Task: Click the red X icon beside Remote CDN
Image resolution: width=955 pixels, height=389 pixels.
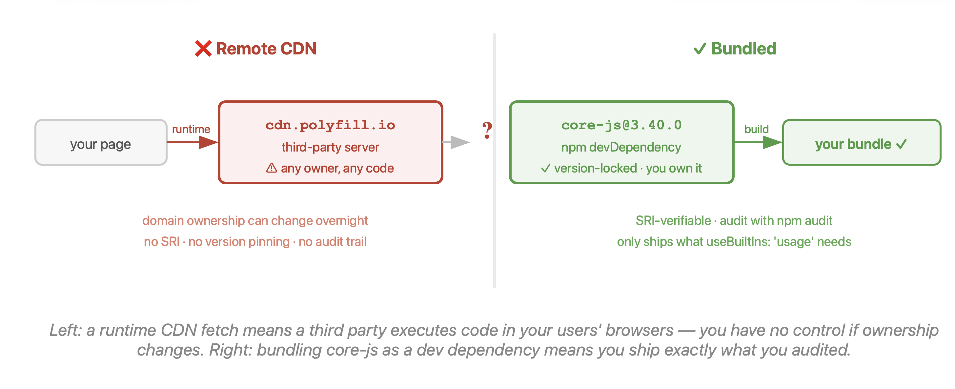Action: [x=203, y=49]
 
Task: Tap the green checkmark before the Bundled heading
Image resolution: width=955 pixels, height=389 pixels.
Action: [x=700, y=49]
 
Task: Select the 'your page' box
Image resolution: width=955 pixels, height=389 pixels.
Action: [x=101, y=142]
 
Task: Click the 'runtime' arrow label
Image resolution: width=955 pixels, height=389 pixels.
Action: [x=191, y=129]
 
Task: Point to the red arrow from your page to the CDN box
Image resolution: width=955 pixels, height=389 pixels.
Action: [x=193, y=142]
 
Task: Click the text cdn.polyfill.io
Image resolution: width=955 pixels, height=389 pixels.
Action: [x=330, y=125]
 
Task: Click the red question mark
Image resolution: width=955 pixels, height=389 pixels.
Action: [x=487, y=130]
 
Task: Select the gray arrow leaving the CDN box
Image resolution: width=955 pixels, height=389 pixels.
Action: [x=456, y=142]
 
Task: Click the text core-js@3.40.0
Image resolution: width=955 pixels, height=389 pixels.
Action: [x=621, y=125]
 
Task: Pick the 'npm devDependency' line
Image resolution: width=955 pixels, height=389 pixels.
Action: [x=621, y=147]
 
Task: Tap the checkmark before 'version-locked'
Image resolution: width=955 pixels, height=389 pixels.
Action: [x=546, y=168]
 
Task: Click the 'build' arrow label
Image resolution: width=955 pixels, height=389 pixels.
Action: [x=756, y=129]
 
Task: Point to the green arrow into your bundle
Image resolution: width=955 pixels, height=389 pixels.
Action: [x=758, y=142]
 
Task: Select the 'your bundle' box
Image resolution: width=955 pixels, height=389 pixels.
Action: [x=862, y=142]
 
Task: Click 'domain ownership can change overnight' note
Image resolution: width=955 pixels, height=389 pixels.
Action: [x=255, y=221]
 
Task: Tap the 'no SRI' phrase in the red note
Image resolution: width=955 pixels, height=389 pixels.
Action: [x=162, y=242]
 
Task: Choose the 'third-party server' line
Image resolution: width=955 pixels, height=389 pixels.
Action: [x=330, y=147]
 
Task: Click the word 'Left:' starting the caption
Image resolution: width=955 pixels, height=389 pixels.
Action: [x=66, y=330]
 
